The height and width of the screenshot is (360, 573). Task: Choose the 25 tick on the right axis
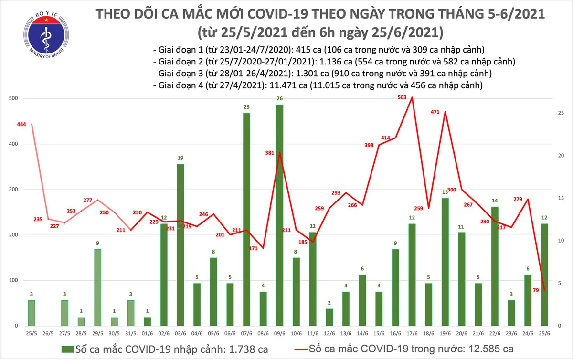pos(562,113)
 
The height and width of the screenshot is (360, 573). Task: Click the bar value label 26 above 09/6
pos(279,99)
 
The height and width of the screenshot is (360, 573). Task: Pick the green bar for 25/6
pos(543,275)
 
